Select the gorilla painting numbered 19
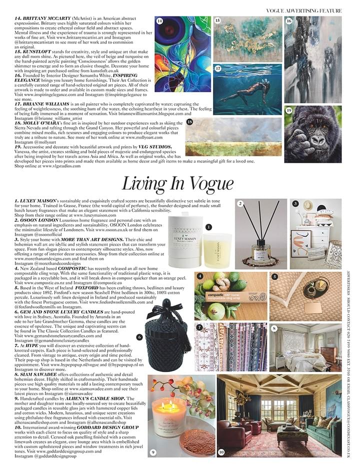[x=313, y=135]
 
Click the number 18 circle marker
[x=189, y=122]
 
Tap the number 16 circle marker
[x=288, y=21]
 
